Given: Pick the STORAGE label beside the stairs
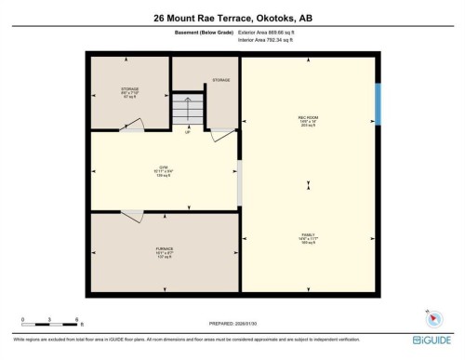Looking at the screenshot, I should tap(220, 81).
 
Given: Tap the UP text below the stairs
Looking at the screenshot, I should tap(189, 132).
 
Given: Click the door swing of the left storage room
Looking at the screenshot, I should tap(135, 126).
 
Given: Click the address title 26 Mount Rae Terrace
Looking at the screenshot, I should tap(232, 17).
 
